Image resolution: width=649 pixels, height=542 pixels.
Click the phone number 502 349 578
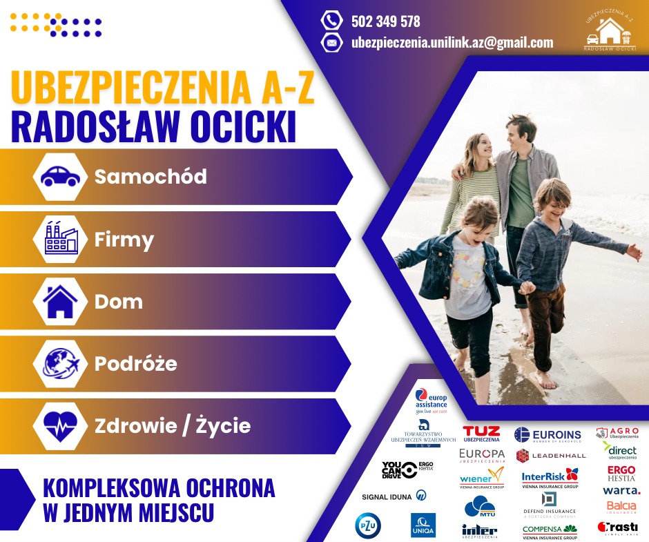pyautogui.click(x=385, y=21)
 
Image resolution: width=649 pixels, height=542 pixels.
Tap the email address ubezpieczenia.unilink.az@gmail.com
pyautogui.click(x=452, y=43)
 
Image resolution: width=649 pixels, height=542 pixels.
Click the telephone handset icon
pyautogui.click(x=332, y=21)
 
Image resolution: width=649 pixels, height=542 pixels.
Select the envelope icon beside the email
pyautogui.click(x=332, y=43)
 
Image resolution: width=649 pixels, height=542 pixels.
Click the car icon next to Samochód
pyautogui.click(x=61, y=177)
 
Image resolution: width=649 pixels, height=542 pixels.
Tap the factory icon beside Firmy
pyautogui.click(x=61, y=240)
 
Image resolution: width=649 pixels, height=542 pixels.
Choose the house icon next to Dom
pyautogui.click(x=61, y=302)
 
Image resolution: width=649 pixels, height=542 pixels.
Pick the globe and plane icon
pyautogui.click(x=61, y=363)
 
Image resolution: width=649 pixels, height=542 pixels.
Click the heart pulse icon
pyautogui.click(x=61, y=425)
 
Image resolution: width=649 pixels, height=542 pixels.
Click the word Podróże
pyautogui.click(x=135, y=364)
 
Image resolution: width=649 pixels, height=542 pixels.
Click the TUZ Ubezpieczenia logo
pyautogui.click(x=481, y=434)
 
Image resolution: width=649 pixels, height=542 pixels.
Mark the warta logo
pyautogui.click(x=621, y=491)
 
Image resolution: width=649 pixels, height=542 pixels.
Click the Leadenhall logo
pyautogui.click(x=550, y=456)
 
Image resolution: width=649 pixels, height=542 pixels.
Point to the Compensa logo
pyautogui.click(x=550, y=531)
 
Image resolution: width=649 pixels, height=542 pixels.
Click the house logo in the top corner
pyautogui.click(x=609, y=32)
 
